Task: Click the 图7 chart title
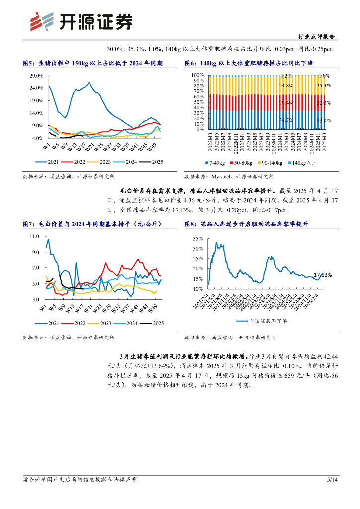[x=92, y=224]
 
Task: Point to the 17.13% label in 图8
[x=322, y=275]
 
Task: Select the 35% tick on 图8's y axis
[x=198, y=238]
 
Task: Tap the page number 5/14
[x=332, y=479]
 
